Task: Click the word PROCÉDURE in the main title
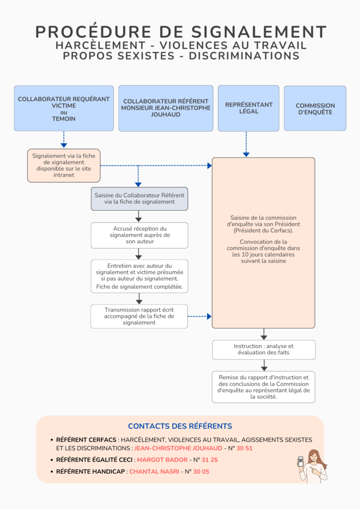(93, 32)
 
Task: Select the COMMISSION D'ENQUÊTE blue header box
(315, 108)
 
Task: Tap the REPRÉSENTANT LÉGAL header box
(248, 108)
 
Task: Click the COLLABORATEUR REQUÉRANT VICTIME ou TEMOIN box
(64, 108)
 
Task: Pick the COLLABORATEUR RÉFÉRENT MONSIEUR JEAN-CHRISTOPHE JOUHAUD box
(166, 108)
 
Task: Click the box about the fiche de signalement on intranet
(64, 166)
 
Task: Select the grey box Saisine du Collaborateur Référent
(139, 199)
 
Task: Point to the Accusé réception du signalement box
(139, 235)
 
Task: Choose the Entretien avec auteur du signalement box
(139, 276)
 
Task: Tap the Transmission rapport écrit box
(139, 316)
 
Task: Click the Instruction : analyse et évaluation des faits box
(264, 349)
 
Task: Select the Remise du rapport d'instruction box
(263, 387)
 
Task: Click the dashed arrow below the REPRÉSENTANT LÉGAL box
(246, 144)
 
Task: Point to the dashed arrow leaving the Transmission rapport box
(199, 316)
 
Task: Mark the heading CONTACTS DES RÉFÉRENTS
(180, 426)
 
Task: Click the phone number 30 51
(245, 448)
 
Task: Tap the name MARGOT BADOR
(162, 460)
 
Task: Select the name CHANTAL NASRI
(154, 472)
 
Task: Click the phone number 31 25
(210, 460)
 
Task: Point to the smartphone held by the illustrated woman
(301, 462)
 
